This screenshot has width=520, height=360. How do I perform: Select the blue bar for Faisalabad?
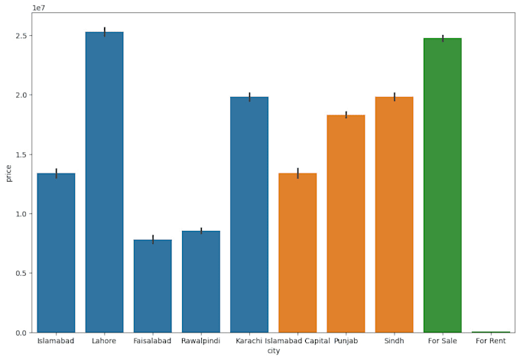pos(152,286)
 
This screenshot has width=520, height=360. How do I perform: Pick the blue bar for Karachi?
pos(249,215)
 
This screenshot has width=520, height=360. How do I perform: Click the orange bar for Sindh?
pos(394,215)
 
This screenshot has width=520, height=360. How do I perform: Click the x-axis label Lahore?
pos(104,341)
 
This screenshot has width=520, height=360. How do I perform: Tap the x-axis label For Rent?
pos(490,341)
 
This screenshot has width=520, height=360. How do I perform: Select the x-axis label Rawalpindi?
pos(200,341)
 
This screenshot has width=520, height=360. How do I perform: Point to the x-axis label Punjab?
pos(346,341)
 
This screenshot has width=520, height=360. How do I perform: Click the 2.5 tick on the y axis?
pos(21,36)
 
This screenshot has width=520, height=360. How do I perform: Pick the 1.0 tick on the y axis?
pos(21,214)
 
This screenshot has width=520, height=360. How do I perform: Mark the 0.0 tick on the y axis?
pos(21,332)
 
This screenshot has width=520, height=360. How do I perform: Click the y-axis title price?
pos(8,173)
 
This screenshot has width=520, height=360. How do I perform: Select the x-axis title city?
pos(274,351)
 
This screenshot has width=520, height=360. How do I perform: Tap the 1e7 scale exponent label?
pos(38,8)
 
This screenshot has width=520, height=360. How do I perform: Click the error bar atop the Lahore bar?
pos(104,31)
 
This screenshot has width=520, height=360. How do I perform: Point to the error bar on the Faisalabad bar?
pos(152,239)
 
